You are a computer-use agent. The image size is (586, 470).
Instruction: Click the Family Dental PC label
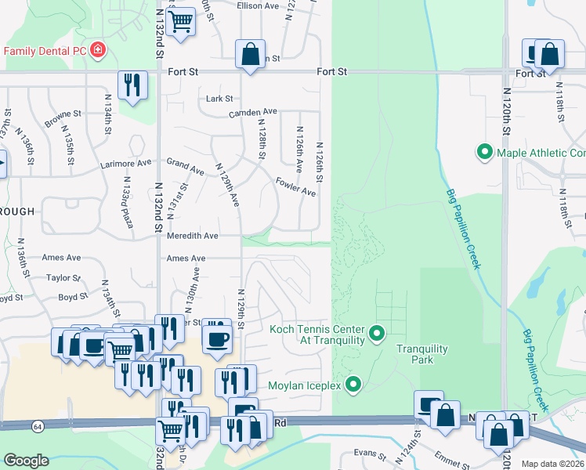pos(45,51)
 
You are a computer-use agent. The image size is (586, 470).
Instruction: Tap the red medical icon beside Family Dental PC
pos(98,51)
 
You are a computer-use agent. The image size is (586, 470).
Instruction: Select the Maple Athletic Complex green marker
pos(485,152)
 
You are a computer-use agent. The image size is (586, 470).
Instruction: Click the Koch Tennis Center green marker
pos(377,334)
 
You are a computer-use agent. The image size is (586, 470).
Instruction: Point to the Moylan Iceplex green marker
pos(353,385)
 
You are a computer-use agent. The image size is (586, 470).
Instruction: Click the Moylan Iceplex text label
pos(306,385)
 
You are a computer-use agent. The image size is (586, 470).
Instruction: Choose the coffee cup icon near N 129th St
pos(217,338)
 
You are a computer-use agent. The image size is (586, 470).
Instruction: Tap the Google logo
pos(26,461)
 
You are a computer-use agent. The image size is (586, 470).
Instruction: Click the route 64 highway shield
pos(38,427)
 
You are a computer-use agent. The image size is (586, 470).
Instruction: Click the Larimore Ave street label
pos(126,164)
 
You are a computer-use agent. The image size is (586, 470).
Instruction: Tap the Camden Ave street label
pos(253,113)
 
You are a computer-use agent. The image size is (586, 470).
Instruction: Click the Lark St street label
pos(219,99)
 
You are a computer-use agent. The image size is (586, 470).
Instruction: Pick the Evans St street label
pos(370,454)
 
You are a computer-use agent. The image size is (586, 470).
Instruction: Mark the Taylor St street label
pos(63,277)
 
